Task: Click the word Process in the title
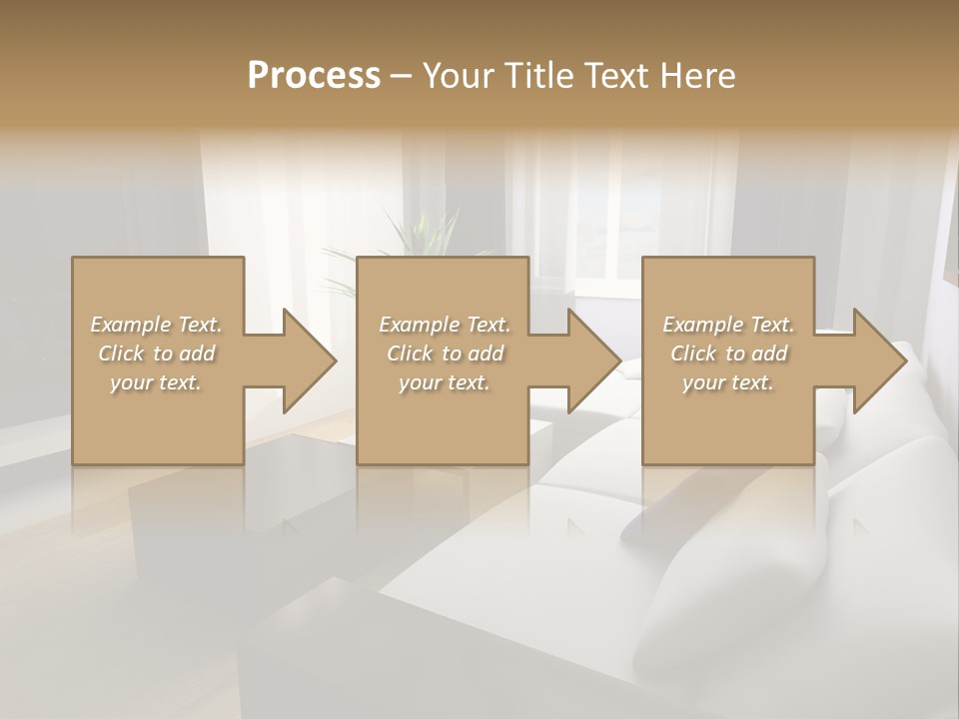click(314, 76)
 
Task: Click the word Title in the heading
click(536, 76)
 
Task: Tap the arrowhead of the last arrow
click(880, 360)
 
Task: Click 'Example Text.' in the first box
click(156, 325)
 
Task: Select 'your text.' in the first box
click(156, 382)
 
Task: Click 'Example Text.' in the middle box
click(445, 325)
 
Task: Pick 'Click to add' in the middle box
click(445, 354)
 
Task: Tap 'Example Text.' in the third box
click(728, 325)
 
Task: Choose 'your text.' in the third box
click(728, 382)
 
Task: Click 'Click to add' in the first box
click(156, 354)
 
